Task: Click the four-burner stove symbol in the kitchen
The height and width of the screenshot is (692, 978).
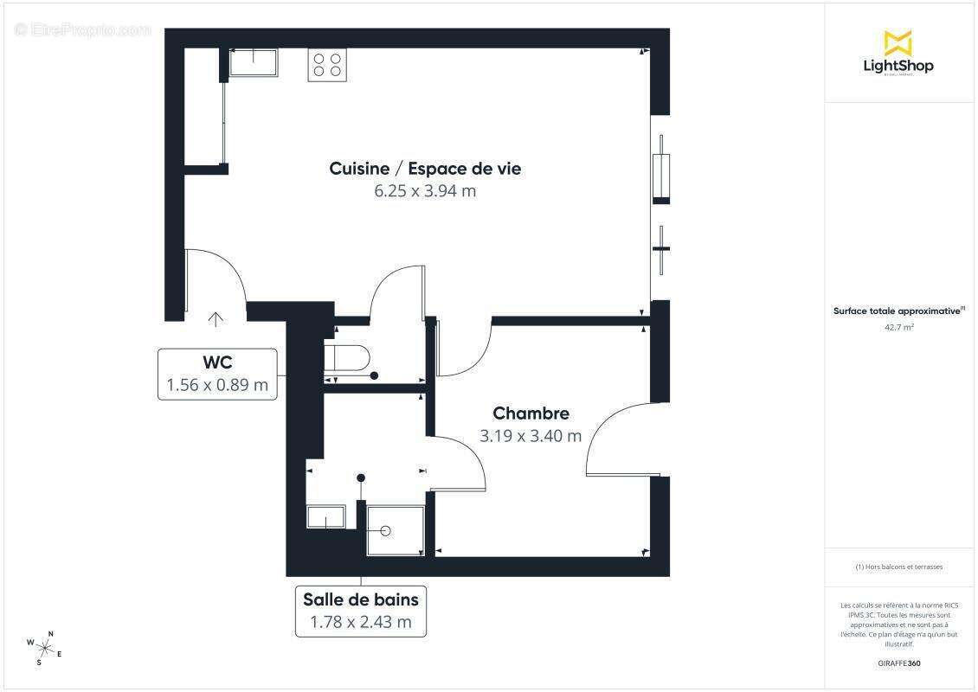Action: (x=327, y=66)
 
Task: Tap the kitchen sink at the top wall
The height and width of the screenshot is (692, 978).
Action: (x=254, y=62)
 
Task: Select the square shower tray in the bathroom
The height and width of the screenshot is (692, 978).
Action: (x=396, y=529)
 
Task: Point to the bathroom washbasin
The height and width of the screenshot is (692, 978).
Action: (x=326, y=517)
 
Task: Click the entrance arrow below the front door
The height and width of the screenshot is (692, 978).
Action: (x=216, y=319)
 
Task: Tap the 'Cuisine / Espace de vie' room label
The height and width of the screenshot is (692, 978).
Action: (x=425, y=169)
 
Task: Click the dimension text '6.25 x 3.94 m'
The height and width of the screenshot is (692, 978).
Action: (x=425, y=191)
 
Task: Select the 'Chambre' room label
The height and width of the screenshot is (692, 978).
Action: (x=531, y=413)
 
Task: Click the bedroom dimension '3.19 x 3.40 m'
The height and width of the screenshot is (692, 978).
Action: (x=531, y=436)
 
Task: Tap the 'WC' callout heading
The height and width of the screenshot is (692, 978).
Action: (x=217, y=362)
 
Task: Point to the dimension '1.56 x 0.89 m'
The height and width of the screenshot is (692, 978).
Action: (x=217, y=385)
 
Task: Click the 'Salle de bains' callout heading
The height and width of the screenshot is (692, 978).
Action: (x=361, y=599)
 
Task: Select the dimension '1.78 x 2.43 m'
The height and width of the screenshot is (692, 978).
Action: (x=361, y=621)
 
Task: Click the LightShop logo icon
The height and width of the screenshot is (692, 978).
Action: (x=898, y=42)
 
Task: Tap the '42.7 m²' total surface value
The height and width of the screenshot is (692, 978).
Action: (x=898, y=328)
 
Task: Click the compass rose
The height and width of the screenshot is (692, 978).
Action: (x=44, y=648)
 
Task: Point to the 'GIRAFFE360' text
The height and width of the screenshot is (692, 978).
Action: (x=898, y=663)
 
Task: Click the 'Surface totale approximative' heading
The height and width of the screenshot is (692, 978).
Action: (x=898, y=311)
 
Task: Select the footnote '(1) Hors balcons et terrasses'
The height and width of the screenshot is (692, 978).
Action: (x=898, y=567)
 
